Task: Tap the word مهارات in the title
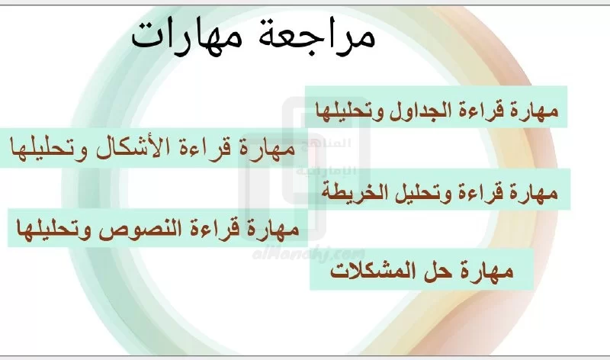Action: (182, 37)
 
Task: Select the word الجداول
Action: (420, 109)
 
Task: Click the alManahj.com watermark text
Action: (309, 255)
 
